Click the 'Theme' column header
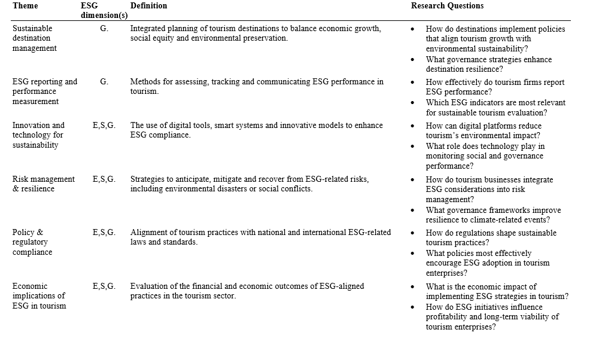(25, 6)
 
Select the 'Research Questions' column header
(447, 6)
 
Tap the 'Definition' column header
(149, 6)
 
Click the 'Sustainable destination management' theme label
(35, 38)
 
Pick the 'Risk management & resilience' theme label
(44, 184)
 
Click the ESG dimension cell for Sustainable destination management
(104, 29)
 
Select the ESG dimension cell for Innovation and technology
(104, 126)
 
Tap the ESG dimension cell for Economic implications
(104, 286)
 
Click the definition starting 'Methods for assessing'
(257, 87)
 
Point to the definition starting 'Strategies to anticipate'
(250, 184)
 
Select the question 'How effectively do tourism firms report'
(495, 87)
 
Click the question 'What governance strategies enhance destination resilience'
(489, 65)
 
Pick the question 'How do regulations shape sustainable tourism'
(491, 238)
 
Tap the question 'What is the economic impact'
(497, 291)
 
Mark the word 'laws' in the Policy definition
(140, 242)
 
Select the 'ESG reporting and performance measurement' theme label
(45, 91)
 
